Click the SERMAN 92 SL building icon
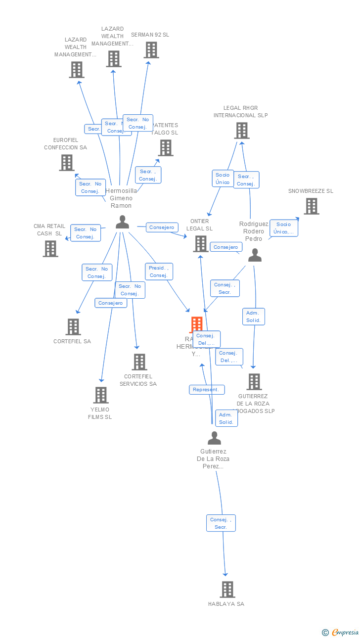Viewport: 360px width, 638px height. pos(151,50)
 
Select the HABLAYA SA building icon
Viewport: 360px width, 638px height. pos(227,589)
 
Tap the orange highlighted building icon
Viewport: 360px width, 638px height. pos(197,324)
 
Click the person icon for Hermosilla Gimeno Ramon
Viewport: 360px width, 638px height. pos(122,222)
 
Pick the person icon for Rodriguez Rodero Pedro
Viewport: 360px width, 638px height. pos(255,255)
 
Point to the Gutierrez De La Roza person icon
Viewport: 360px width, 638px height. pos(214,438)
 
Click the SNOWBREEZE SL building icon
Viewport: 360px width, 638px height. pos(311,206)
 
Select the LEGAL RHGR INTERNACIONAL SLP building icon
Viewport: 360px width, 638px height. pos(241,131)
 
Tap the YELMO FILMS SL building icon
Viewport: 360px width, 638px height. pos(101,395)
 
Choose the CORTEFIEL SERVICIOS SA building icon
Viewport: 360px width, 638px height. pos(139,362)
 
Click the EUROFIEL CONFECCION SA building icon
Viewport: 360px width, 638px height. pos(67,162)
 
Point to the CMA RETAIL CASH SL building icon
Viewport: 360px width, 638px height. pos(50,249)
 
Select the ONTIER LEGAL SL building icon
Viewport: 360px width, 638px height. pos(201,244)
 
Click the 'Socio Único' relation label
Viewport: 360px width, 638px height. pos(223,179)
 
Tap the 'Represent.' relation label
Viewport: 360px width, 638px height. pos(207,390)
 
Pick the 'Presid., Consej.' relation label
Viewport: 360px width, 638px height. pos(159,272)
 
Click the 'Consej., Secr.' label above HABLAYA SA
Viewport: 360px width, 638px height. pos(221,523)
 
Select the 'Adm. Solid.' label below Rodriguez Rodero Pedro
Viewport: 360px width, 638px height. pos(254,317)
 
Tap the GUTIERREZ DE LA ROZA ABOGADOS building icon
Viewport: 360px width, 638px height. pos(254,382)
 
